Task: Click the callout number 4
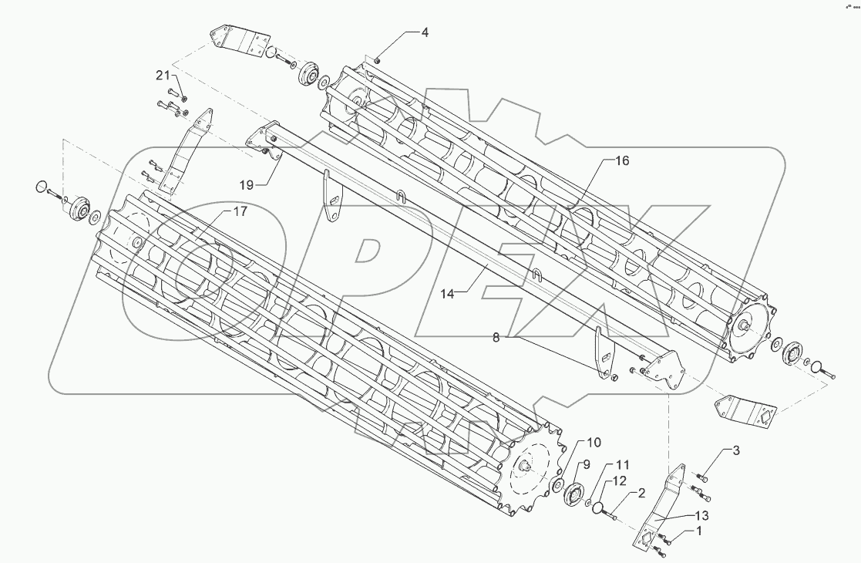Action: pyautogui.click(x=425, y=32)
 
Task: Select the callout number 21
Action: pyautogui.click(x=163, y=75)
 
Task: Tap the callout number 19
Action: pyautogui.click(x=247, y=184)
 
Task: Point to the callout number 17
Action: pyautogui.click(x=240, y=211)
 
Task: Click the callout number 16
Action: pyautogui.click(x=622, y=160)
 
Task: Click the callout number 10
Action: pyautogui.click(x=594, y=442)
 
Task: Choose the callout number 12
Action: pyautogui.click(x=619, y=480)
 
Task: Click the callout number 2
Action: pyautogui.click(x=640, y=494)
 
